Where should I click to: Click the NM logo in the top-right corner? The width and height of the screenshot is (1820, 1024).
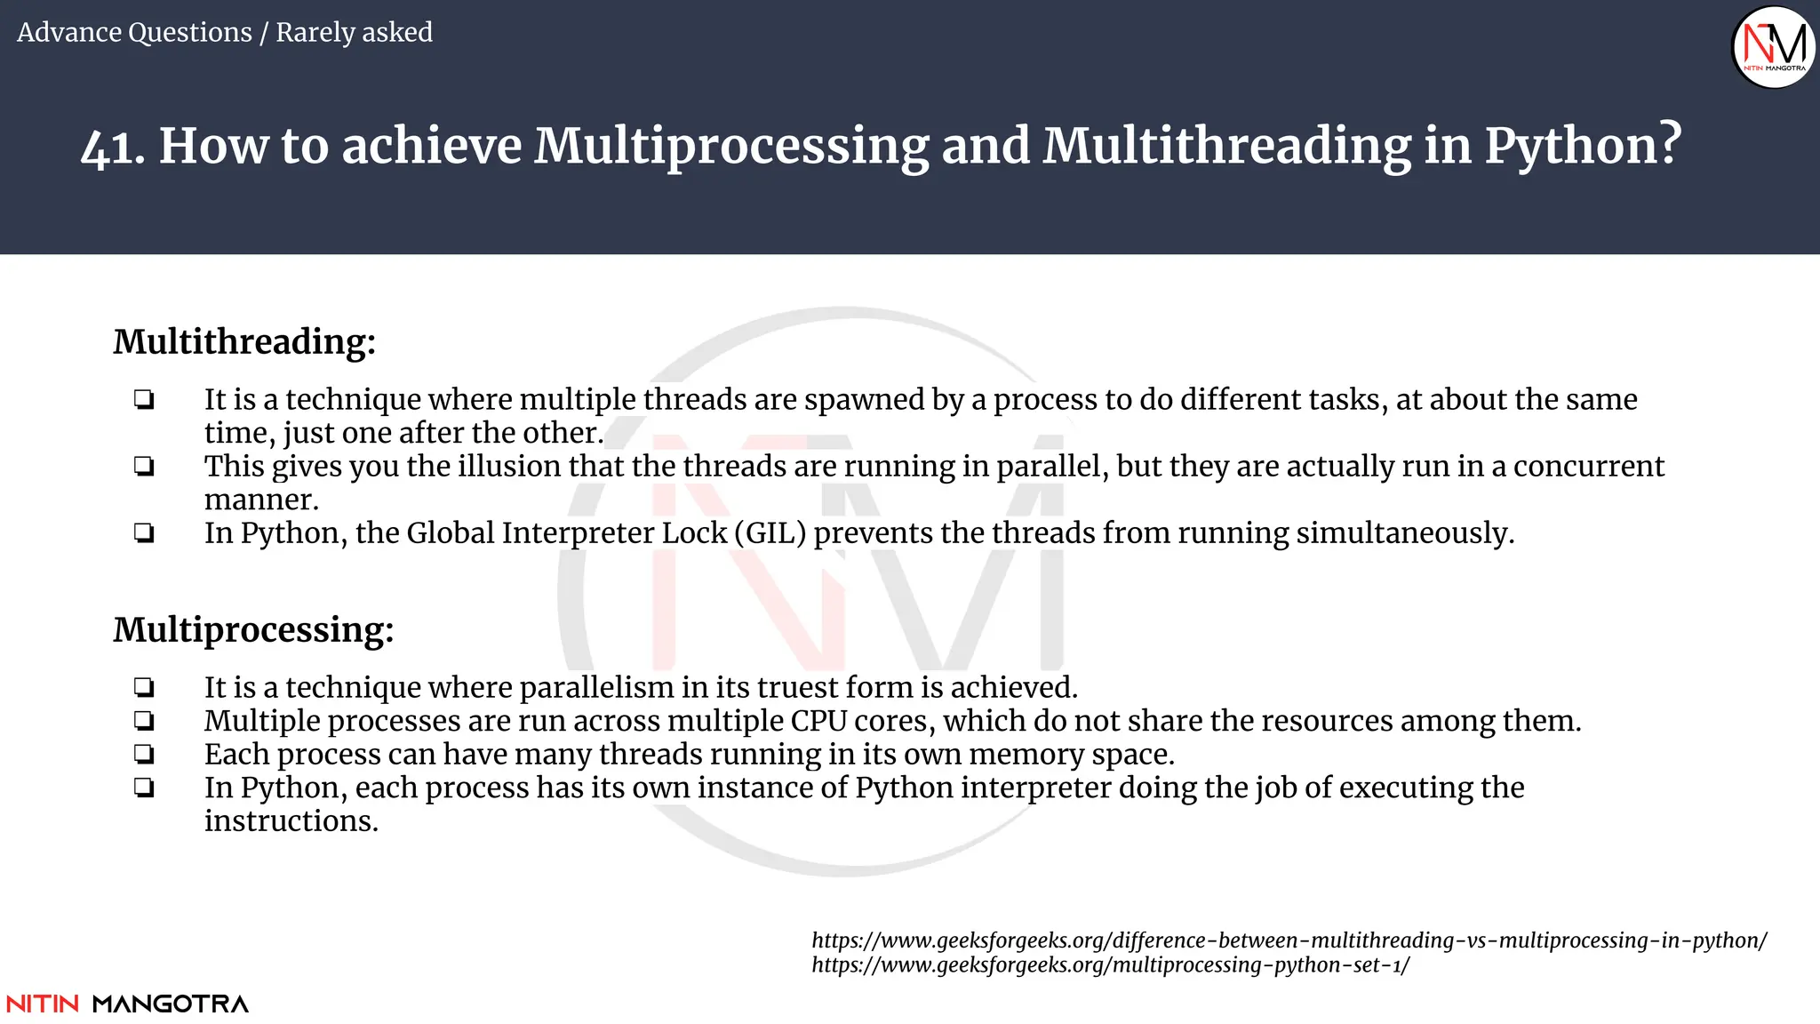pos(1774,46)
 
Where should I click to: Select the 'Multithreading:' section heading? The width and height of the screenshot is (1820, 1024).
pos(244,341)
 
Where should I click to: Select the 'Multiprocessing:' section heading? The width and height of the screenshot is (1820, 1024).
pos(253,629)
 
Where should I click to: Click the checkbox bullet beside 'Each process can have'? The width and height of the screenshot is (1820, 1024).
pos(144,755)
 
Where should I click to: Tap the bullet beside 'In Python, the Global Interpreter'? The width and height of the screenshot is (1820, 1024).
pos(144,533)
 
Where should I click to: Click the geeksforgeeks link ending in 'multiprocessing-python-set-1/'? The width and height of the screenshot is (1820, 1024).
pos(1110,965)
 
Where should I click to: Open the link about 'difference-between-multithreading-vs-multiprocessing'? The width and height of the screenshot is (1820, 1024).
pos(1289,940)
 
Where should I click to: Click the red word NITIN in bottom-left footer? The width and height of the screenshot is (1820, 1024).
pos(43,1004)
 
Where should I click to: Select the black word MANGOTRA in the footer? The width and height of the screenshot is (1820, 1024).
pos(171,1004)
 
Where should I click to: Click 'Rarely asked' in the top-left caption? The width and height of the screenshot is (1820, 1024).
pos(354,32)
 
